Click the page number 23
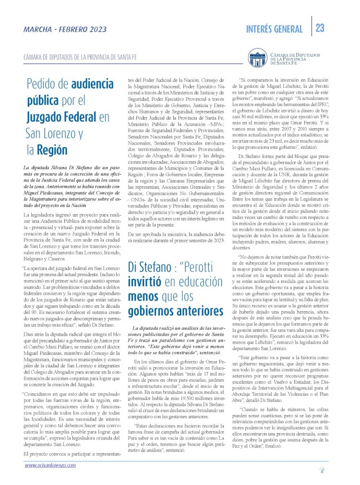coord(320,28)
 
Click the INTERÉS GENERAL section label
coord(274,29)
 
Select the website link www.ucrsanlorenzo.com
coord(50,465)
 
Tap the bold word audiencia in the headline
coord(92,85)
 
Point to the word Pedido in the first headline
coord(41,85)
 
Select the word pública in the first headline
coord(45,101)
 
